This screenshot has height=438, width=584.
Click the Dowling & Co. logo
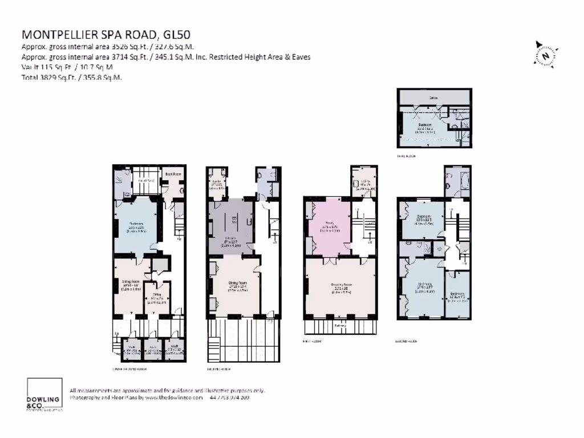pyautogui.click(x=44, y=394)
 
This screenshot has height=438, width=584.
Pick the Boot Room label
pyautogui.click(x=173, y=174)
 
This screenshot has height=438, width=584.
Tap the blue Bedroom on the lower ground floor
pyautogui.click(x=135, y=226)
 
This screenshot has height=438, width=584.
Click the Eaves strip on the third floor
pyautogui.click(x=434, y=98)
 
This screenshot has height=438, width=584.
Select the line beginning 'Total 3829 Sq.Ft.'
pyautogui.click(x=71, y=76)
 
